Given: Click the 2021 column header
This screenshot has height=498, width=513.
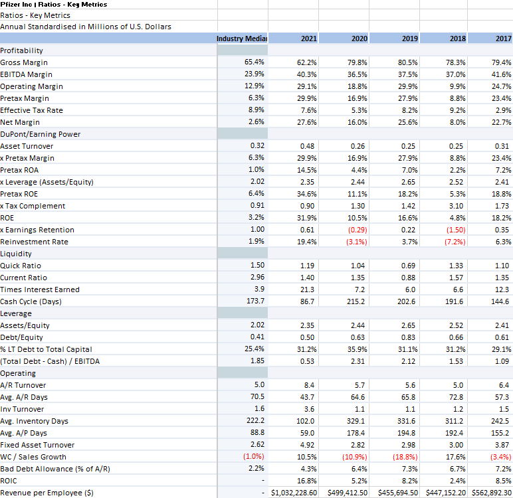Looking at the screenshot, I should [x=308, y=39].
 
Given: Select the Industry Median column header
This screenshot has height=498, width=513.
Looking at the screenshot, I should [x=241, y=39].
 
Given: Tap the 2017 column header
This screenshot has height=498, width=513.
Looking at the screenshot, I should [x=503, y=39].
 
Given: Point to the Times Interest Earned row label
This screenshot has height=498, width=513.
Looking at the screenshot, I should [x=40, y=290].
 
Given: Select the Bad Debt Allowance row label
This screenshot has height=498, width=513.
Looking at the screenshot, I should [x=54, y=469].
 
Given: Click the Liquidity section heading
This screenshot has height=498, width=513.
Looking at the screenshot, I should [x=17, y=254].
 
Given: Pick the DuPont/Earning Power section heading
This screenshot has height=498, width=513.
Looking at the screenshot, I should [x=40, y=134].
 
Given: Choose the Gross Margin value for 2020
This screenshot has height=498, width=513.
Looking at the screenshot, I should [x=358, y=62].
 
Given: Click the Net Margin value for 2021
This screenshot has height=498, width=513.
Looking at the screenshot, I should [x=307, y=122].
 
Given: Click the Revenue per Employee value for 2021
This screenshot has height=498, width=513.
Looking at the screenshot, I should [x=294, y=493].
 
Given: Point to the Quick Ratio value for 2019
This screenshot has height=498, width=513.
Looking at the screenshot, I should [x=408, y=266].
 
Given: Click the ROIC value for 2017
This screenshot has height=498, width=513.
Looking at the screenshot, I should [x=503, y=481].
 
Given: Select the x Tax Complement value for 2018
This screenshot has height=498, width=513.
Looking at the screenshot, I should [x=457, y=206].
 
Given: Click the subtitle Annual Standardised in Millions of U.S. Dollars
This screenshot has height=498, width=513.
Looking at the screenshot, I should [x=85, y=27].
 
